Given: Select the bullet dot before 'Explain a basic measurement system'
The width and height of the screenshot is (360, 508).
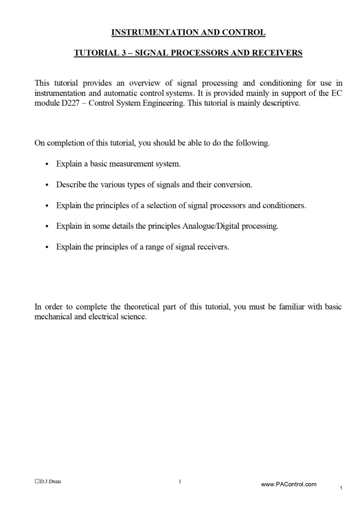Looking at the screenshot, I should [x=47, y=164].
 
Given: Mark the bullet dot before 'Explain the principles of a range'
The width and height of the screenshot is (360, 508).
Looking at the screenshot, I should [x=47, y=247].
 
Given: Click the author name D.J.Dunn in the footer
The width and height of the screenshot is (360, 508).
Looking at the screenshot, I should [x=51, y=481].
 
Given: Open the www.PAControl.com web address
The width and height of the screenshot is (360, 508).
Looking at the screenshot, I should [x=288, y=484].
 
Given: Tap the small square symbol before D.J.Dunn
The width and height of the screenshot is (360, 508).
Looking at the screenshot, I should [x=37, y=481].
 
